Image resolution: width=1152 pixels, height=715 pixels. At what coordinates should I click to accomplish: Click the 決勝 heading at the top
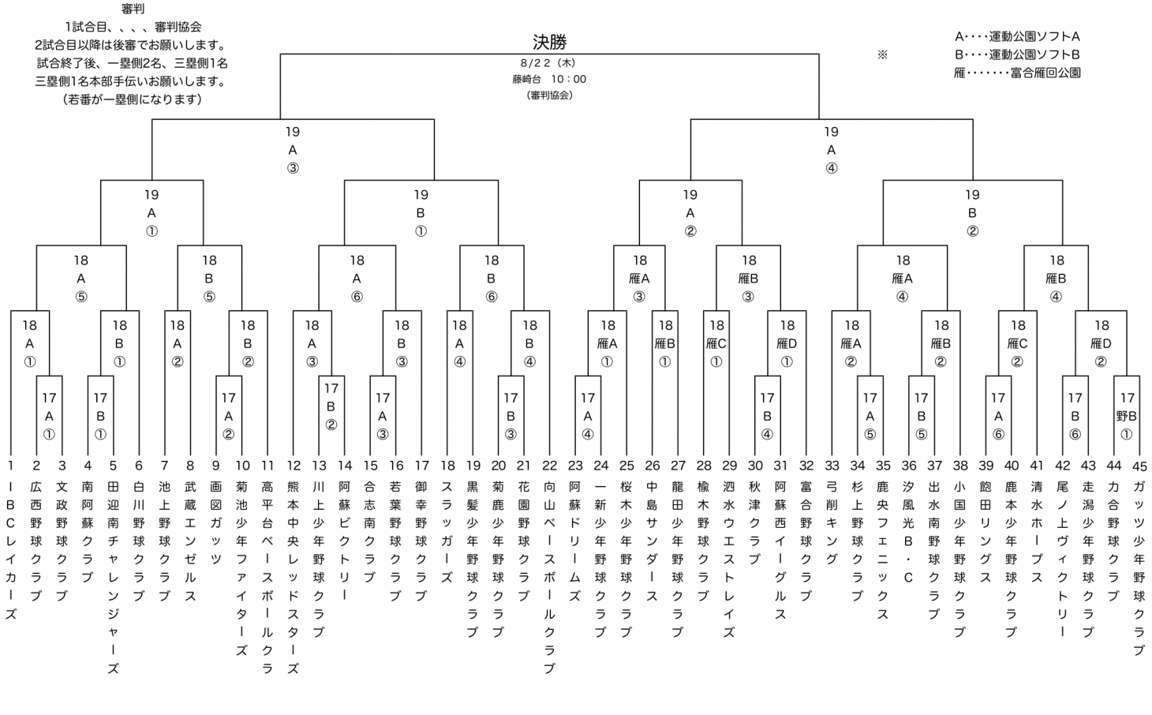(x=549, y=42)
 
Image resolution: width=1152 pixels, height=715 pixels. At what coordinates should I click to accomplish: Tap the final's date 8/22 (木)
(x=548, y=63)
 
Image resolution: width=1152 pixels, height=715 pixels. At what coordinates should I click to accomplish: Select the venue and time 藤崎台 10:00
(x=549, y=79)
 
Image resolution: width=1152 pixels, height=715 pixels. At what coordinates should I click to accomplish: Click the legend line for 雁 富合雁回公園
(x=1017, y=73)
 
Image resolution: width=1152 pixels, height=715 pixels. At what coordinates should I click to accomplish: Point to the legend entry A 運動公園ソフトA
(x=1017, y=36)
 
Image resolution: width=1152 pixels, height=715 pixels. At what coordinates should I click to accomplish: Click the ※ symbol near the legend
(x=882, y=54)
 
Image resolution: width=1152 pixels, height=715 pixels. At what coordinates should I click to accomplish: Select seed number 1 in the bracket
(x=10, y=466)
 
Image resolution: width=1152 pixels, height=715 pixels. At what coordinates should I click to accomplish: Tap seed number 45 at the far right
(x=1139, y=466)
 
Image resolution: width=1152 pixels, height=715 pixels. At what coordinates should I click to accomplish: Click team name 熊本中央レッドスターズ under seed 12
(x=294, y=577)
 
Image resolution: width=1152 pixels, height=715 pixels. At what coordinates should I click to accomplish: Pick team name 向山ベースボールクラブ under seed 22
(x=549, y=577)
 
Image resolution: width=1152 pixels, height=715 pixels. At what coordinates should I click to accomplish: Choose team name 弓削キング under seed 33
(x=832, y=522)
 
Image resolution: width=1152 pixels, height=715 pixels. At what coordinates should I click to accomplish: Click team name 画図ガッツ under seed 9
(x=216, y=522)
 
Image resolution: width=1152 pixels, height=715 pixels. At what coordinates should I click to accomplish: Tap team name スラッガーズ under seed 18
(x=447, y=532)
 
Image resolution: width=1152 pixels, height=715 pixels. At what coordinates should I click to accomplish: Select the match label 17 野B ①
(x=1126, y=416)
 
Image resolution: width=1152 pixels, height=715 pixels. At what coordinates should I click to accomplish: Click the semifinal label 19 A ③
(x=293, y=150)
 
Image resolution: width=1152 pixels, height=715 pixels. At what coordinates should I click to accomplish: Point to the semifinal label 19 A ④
(x=831, y=150)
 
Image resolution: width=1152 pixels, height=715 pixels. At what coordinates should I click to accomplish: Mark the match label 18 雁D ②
(x=1101, y=343)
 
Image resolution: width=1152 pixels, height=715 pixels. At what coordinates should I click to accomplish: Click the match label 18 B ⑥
(x=491, y=279)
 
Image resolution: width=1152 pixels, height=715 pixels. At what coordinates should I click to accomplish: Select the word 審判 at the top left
(x=133, y=9)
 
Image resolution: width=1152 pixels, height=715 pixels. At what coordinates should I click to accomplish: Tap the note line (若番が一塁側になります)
(x=133, y=99)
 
